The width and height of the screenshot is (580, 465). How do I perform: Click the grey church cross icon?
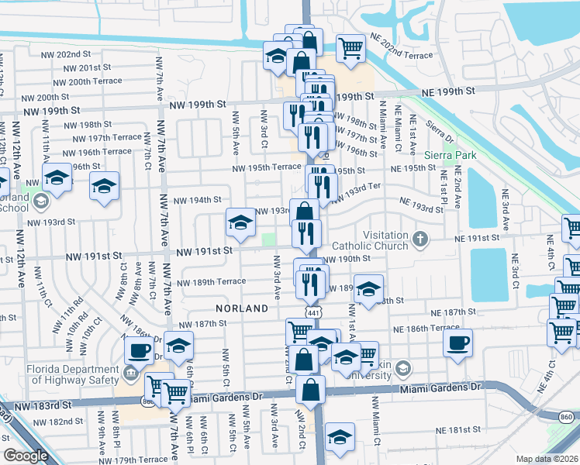[421, 237]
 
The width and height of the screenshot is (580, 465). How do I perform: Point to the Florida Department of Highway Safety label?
[71, 374]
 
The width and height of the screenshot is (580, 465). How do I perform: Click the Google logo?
[26, 455]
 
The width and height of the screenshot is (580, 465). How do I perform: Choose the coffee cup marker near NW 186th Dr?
[140, 350]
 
